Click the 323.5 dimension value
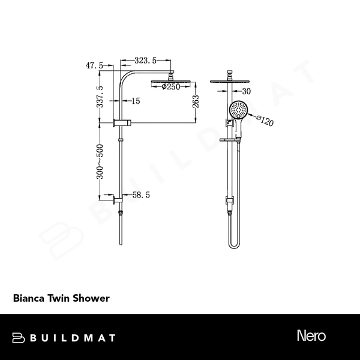pyautogui.click(x=146, y=61)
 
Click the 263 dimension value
pyautogui.click(x=197, y=100)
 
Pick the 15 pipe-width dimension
pyautogui.click(x=135, y=101)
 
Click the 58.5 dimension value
pyautogui.click(x=139, y=195)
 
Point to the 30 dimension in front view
pyautogui.click(x=246, y=91)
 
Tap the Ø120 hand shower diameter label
pyautogui.click(x=265, y=121)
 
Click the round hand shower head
pyautogui.click(x=238, y=110)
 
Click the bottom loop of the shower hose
pyautogui.click(x=233, y=244)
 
